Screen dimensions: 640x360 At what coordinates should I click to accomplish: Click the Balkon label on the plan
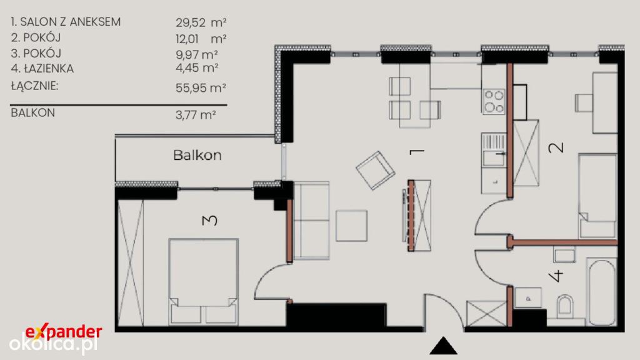(197, 155)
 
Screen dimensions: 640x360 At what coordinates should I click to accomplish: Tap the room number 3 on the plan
(210, 221)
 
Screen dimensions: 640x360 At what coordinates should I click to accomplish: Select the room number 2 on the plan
(556, 147)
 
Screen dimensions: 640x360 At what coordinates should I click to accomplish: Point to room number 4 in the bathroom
(556, 276)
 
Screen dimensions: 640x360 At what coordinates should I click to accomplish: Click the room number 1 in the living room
(417, 152)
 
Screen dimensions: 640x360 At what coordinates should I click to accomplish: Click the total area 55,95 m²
(201, 87)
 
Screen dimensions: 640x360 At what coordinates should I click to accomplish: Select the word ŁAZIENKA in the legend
(48, 69)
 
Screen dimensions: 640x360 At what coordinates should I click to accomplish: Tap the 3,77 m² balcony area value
(196, 115)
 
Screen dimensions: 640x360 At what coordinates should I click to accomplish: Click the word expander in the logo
(64, 331)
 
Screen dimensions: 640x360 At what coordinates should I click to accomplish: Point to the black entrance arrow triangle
(443, 346)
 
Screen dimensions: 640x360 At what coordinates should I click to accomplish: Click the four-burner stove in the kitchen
(494, 102)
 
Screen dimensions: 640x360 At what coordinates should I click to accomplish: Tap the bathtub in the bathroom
(601, 291)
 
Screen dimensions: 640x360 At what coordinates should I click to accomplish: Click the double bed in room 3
(203, 282)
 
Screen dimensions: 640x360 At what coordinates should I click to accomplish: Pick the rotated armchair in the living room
(375, 170)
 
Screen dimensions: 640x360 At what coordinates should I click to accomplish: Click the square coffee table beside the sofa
(351, 225)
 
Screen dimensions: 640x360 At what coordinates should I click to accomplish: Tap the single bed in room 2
(597, 196)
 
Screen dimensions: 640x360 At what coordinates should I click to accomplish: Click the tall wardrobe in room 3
(131, 262)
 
